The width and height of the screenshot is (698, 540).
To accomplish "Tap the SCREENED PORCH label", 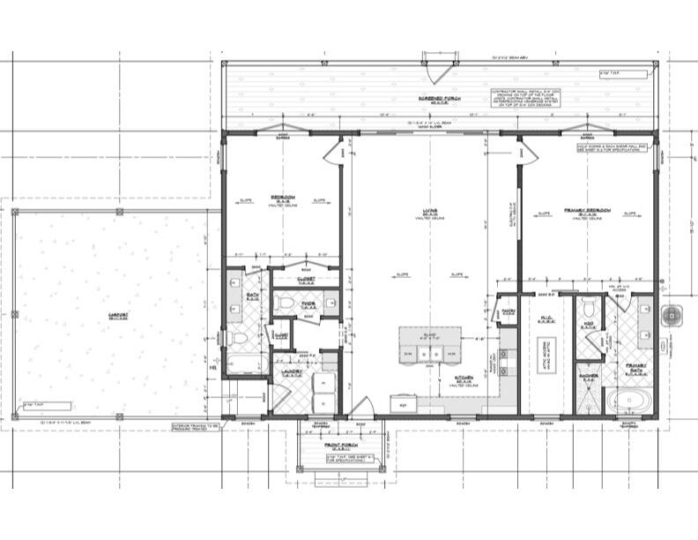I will tap(437, 99).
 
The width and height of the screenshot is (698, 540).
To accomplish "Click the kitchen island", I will tap(429, 345).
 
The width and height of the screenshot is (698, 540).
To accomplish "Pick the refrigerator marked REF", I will tap(404, 405).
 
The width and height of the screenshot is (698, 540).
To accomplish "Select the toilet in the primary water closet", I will tap(589, 309).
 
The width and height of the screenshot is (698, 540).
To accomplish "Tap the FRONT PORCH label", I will tap(342, 446).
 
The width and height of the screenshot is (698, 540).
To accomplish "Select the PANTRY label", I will tap(508, 311).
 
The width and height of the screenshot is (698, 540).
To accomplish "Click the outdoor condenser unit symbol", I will tap(674, 313).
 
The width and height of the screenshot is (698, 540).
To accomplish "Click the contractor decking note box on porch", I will tap(526, 98).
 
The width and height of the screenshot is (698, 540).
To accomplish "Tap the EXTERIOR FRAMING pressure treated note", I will tap(196, 428).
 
